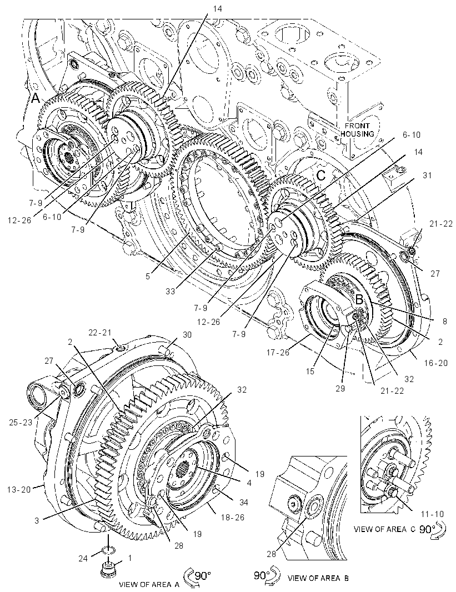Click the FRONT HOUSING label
pos(357,129)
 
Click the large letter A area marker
pos(35,98)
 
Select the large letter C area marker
pos(321,175)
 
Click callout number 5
pos(148,276)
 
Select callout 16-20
pos(435,363)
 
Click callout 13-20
pos(18,489)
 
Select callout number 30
pos(187,334)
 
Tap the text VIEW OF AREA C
pos(384,529)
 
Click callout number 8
pos(444,322)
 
